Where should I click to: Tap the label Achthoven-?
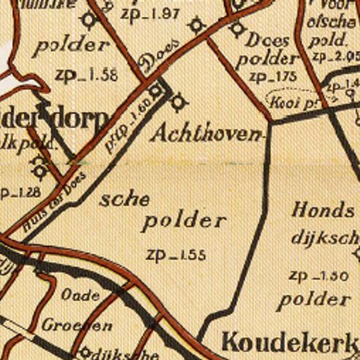206,133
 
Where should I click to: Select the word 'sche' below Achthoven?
125,199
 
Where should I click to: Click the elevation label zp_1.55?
176,255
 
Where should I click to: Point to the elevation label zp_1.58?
87,75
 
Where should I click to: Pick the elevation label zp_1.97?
151,13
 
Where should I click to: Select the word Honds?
323,211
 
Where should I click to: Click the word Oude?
80,295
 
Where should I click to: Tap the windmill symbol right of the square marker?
178,102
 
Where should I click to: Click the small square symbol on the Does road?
156,90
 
